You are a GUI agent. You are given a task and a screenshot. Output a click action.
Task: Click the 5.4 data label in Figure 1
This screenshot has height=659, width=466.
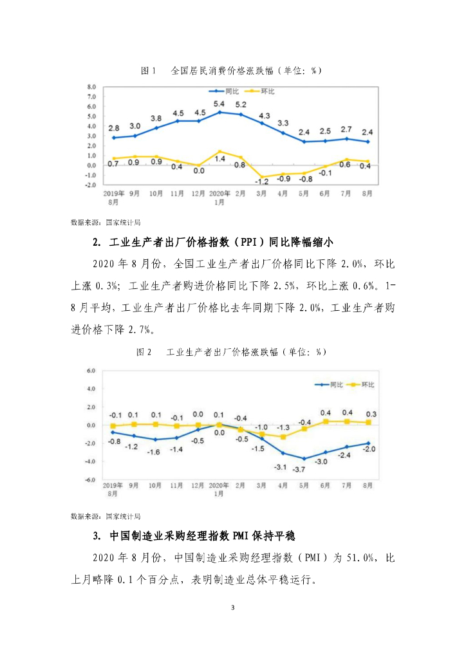219,104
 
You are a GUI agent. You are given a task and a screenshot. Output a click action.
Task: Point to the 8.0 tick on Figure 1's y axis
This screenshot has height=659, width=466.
91,86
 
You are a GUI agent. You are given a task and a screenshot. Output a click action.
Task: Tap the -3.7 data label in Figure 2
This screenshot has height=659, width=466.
299,469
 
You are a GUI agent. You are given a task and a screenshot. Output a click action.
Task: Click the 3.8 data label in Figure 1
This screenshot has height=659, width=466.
156,118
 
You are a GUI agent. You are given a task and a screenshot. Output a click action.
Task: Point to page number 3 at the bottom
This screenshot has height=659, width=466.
233,608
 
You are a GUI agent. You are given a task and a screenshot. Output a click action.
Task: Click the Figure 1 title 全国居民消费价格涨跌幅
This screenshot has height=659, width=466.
230,71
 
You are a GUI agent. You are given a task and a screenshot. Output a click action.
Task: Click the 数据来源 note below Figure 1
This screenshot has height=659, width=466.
105,223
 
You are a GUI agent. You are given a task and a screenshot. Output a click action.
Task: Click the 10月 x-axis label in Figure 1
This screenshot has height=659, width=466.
156,193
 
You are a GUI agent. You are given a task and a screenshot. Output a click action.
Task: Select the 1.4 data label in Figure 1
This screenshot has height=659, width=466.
219,158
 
